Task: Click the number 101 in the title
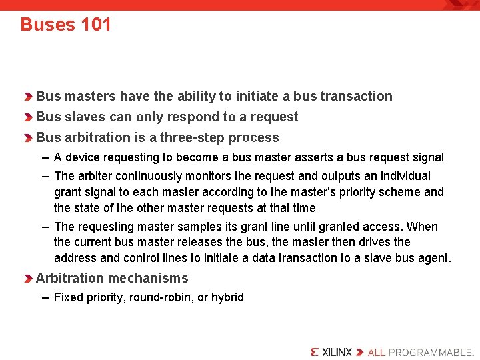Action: coord(96,25)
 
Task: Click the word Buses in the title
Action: coord(47,25)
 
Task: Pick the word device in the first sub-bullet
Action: coord(83,157)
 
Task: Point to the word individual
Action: coord(404,176)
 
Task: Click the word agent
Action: coord(433,258)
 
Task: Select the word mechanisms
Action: coord(151,278)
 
